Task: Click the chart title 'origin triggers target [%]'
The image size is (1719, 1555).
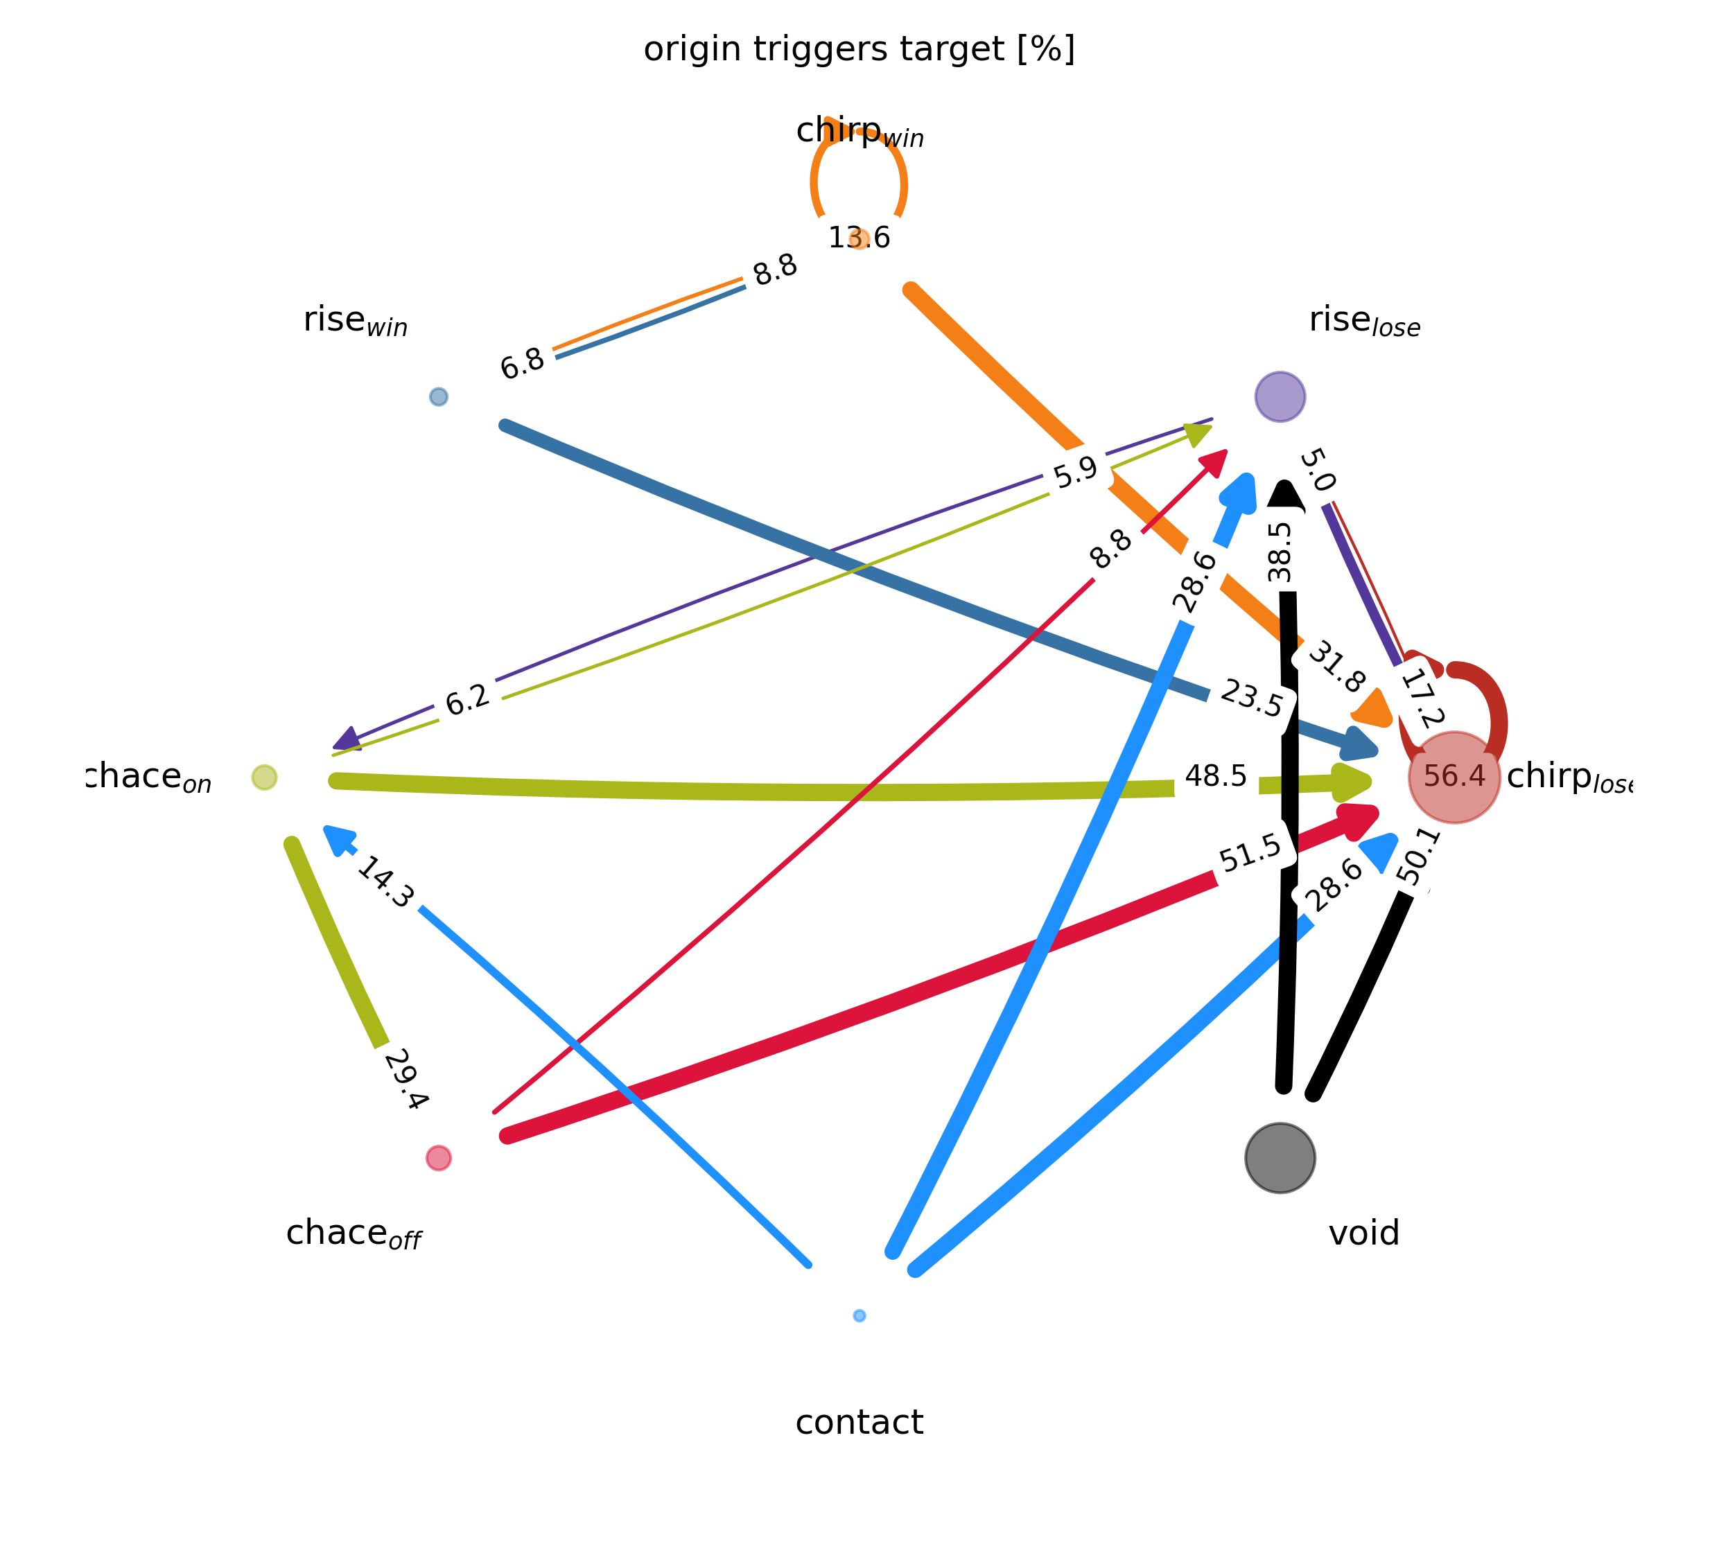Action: tap(859, 49)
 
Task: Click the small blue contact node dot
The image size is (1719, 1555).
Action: tap(859, 1315)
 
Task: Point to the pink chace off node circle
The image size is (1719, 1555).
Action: tap(438, 1158)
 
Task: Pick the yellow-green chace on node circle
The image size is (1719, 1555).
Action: tap(264, 777)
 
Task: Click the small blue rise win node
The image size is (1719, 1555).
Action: tap(438, 396)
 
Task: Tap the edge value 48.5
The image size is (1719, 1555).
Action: tap(1215, 777)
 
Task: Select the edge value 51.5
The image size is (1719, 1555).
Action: tap(1250, 853)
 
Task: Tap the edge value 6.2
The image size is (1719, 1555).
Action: tap(468, 700)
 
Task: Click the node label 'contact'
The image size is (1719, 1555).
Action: tap(859, 1423)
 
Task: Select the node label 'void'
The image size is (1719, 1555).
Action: tap(1363, 1233)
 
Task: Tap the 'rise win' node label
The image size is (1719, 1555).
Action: tap(356, 322)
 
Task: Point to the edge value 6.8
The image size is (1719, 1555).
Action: tap(522, 364)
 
